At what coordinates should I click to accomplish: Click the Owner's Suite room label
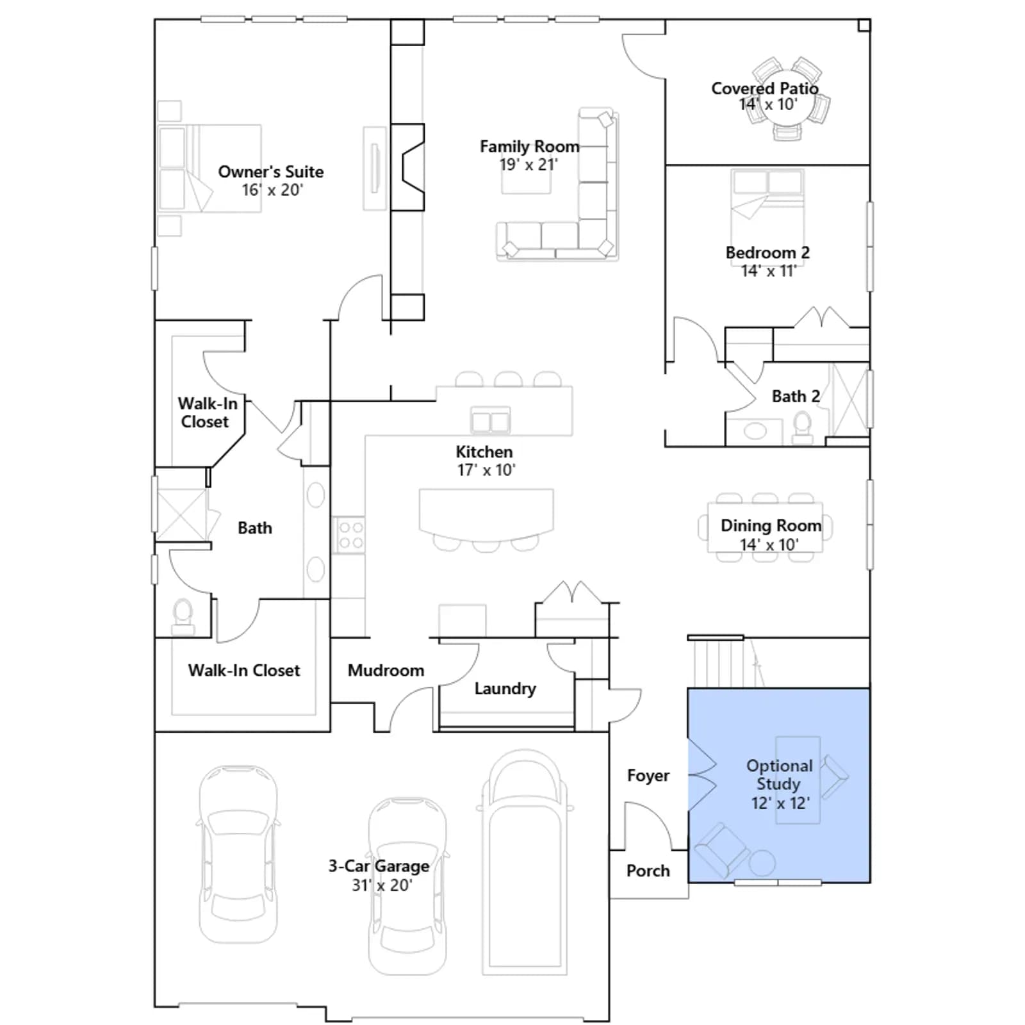[x=271, y=172]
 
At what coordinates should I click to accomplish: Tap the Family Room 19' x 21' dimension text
[x=529, y=165]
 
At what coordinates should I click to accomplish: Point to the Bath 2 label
[x=796, y=397]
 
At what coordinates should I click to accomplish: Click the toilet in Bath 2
[x=802, y=428]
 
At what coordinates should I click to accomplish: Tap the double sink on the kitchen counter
[x=491, y=421]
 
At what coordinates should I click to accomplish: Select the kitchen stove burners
[x=350, y=535]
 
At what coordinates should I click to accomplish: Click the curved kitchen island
[x=486, y=512]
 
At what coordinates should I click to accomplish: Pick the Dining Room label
[x=771, y=525]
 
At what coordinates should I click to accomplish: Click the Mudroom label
[x=386, y=670]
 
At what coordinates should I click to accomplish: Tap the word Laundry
[x=505, y=689]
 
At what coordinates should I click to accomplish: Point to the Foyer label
[x=648, y=775]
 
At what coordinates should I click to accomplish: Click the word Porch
[x=648, y=871]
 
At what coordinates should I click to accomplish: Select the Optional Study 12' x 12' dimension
[x=780, y=803]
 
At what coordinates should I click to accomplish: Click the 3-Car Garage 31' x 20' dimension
[x=382, y=885]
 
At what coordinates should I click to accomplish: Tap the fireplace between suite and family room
[x=407, y=167]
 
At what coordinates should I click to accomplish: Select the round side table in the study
[x=762, y=862]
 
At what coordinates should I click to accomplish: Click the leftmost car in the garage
[x=238, y=854]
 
